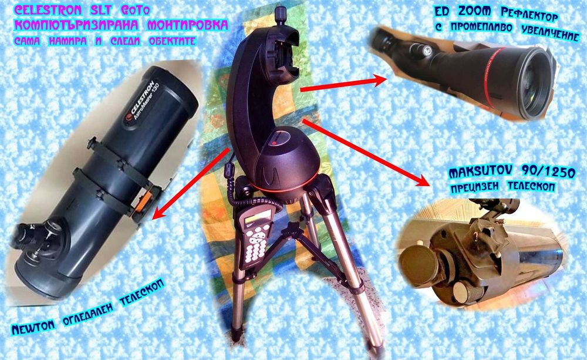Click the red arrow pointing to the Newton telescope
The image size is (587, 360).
pyautogui.click(x=188, y=183)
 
